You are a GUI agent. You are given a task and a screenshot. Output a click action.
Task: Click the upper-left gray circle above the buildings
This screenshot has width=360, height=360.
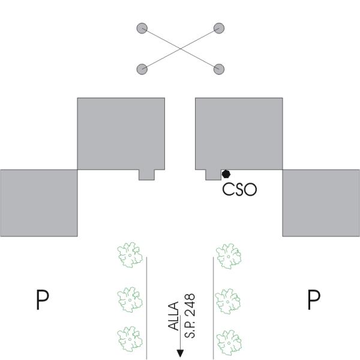pyautogui.click(x=142, y=28)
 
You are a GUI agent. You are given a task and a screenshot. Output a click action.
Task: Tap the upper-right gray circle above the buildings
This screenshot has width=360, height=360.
pyautogui.click(x=219, y=28)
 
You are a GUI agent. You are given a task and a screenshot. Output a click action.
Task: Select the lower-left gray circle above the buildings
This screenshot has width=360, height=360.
pyautogui.click(x=142, y=68)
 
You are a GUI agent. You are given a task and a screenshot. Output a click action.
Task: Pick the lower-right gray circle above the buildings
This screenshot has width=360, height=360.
pyautogui.click(x=219, y=68)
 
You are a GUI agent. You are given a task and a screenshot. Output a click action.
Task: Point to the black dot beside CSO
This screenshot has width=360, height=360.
pyautogui.click(x=226, y=174)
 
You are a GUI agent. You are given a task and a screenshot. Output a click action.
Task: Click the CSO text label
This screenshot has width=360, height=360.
pyautogui.click(x=239, y=190)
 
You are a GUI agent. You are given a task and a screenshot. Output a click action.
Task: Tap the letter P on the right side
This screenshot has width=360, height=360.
pyautogui.click(x=313, y=299)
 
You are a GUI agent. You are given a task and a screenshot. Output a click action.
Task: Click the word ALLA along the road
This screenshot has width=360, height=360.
pyautogui.click(x=174, y=317)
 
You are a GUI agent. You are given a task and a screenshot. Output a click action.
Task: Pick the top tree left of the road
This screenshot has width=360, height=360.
pyautogui.click(x=129, y=255)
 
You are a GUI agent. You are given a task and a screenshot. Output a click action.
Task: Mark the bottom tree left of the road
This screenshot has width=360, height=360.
pyautogui.click(x=129, y=338)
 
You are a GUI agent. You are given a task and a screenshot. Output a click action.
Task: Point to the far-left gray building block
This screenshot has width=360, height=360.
pyautogui.click(x=38, y=202)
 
